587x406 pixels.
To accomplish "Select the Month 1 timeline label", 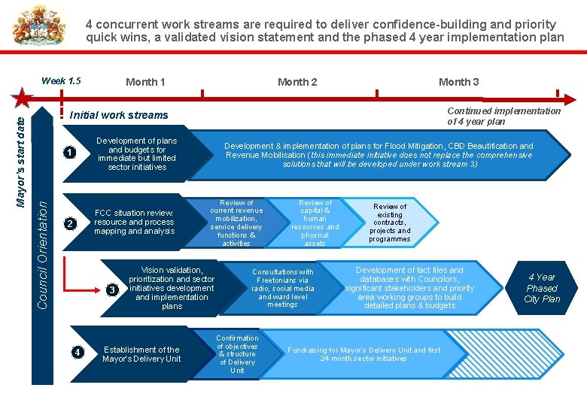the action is (145, 82).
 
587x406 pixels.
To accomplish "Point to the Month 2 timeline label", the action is (297, 82).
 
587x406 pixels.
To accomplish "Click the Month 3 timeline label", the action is (458, 82).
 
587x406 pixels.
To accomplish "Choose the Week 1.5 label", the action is (61, 81).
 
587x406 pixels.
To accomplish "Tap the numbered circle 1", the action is (68, 153).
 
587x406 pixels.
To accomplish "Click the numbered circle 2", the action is (68, 223).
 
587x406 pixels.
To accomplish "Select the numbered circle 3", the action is (113, 289).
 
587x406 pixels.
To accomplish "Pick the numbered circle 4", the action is (78, 352).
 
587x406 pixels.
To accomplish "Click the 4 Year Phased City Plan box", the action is (542, 288).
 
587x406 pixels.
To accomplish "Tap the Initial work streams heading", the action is (119, 115).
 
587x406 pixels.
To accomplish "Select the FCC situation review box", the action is (134, 223).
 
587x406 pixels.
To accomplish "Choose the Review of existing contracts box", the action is (390, 223).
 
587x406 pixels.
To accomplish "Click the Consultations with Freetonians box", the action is (282, 288).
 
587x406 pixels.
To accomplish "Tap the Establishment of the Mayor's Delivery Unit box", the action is (141, 354).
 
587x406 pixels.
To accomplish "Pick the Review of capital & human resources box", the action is (315, 223).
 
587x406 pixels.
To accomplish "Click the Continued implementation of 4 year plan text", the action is (503, 116).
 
